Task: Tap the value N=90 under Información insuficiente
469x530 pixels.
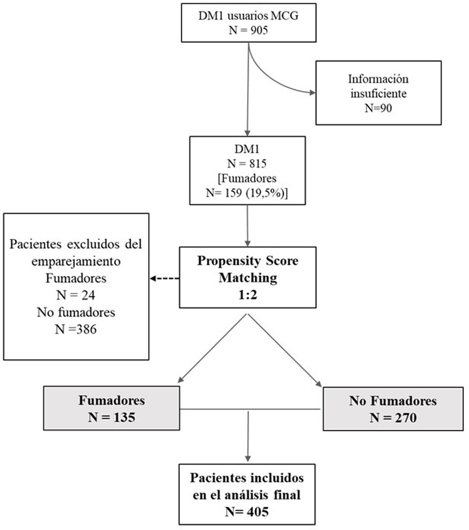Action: point(378,107)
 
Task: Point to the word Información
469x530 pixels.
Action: point(378,79)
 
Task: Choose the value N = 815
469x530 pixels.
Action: point(247,164)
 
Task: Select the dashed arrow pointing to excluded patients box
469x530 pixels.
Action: point(164,279)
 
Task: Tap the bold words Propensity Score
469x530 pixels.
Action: point(247,261)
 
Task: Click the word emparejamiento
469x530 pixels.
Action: point(76,261)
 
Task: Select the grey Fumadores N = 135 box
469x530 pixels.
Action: point(112,408)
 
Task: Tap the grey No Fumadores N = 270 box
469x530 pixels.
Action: point(393,408)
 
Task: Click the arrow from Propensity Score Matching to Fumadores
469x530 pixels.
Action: point(212,348)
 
